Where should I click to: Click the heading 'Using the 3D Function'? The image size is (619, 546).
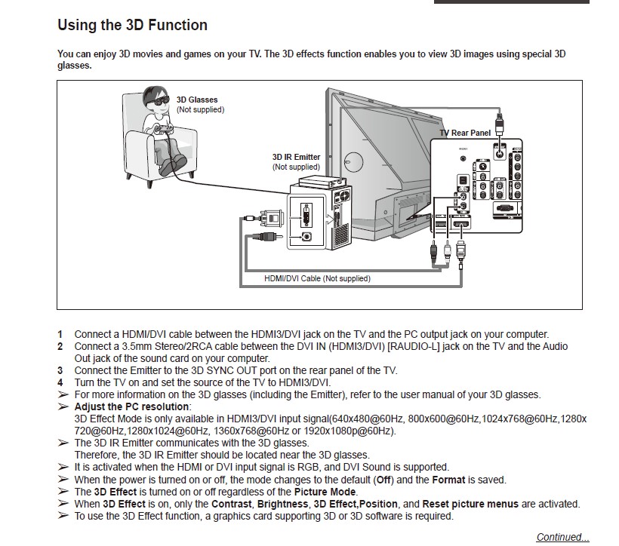pos(132,26)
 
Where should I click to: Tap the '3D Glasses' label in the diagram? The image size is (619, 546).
pos(197,100)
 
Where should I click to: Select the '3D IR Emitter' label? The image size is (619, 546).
pos(296,158)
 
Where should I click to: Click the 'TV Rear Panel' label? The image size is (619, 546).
pos(465,133)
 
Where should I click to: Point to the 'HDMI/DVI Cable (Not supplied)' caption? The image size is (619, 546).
pos(317,278)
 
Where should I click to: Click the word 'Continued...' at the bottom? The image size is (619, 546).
pos(562,537)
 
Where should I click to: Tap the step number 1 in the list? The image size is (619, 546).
pos(60,334)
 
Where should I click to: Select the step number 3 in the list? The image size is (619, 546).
pos(60,370)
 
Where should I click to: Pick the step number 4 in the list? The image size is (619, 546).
pos(60,382)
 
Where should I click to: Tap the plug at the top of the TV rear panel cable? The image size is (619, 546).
pos(498,121)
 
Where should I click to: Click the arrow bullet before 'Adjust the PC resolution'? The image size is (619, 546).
pos(63,406)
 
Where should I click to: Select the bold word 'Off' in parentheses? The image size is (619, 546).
pos(384,480)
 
